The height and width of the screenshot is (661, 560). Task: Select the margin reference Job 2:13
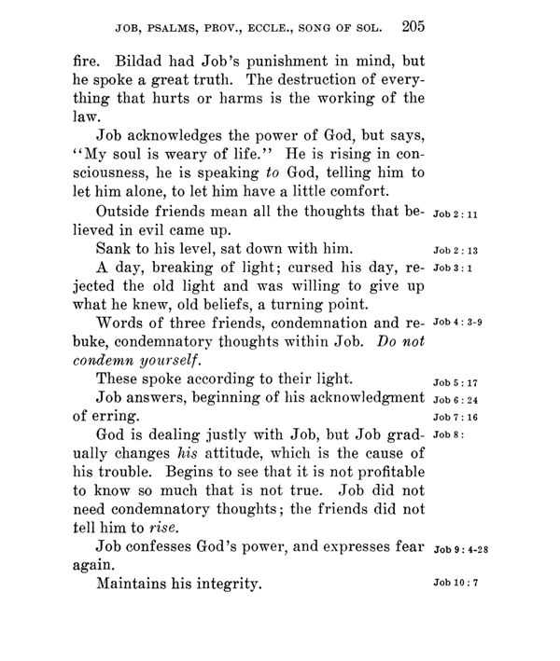455,251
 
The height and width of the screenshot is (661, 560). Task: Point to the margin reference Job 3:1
453,270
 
